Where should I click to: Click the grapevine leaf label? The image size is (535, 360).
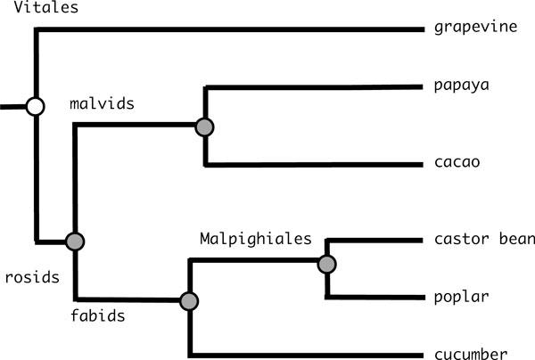click(476, 29)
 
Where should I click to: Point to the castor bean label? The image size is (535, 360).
click(484, 239)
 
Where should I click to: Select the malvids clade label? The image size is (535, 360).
click(102, 103)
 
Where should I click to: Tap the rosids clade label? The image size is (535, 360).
click(30, 276)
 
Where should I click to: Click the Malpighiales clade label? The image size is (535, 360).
click(255, 239)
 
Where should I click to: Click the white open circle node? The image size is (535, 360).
click(35, 107)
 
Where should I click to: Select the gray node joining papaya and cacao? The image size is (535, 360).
click(205, 127)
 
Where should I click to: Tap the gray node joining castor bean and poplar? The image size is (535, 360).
click(326, 263)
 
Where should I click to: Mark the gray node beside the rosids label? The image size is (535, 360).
click(75, 241)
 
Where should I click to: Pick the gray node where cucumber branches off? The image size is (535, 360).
click(188, 301)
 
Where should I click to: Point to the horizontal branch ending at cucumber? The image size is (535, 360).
click(303, 353)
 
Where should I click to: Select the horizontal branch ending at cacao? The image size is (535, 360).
click(312, 165)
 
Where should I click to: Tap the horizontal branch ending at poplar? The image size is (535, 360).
click(374, 297)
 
